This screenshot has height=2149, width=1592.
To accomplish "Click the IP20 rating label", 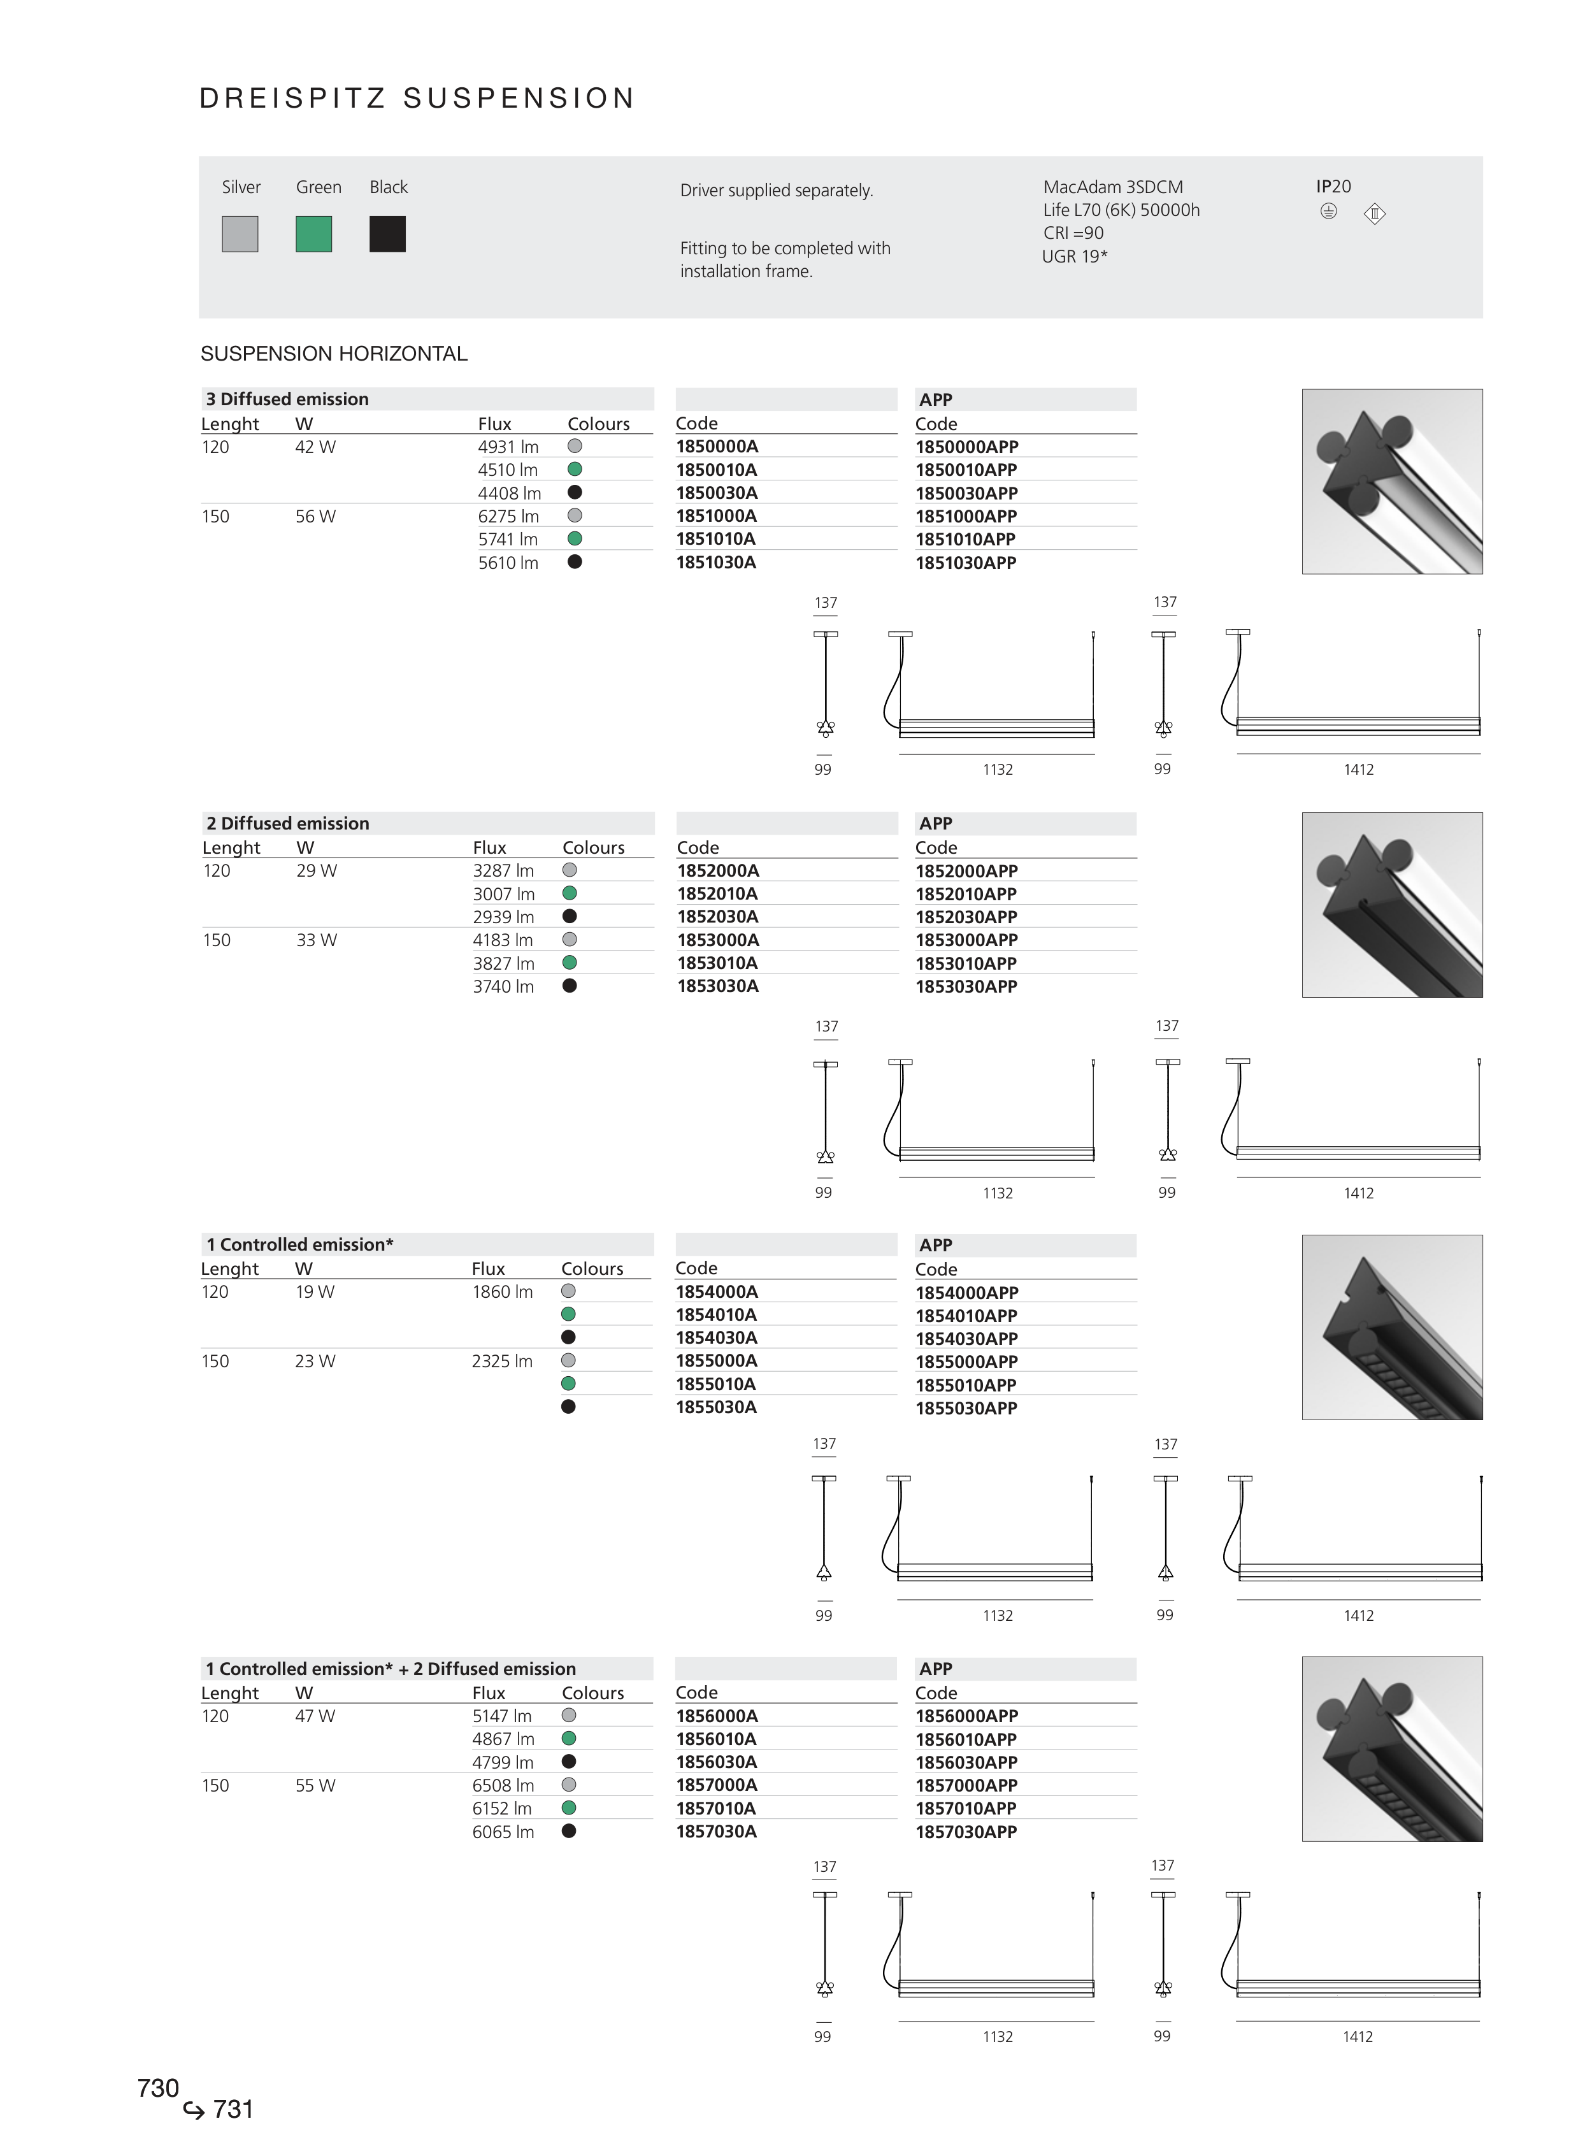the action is click(x=1334, y=187).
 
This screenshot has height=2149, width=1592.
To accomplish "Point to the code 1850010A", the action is click(x=716, y=470).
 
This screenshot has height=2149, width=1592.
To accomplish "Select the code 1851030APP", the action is click(x=966, y=563).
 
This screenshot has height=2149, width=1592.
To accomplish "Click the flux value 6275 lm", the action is click(x=508, y=517).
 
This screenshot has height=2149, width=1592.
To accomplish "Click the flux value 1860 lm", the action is click(x=502, y=1292).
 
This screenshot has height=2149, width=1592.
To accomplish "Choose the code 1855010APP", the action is click(x=966, y=1386).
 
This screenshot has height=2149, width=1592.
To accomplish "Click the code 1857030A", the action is click(x=716, y=1832).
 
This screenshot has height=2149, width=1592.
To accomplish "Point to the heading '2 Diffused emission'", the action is click(x=288, y=824).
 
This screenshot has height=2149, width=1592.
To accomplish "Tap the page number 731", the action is click(x=233, y=2109).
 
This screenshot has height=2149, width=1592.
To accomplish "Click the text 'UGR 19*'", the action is click(x=1075, y=256).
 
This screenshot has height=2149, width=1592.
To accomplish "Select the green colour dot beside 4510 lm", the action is click(x=575, y=470).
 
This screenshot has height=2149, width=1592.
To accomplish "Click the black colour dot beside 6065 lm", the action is click(x=568, y=1831).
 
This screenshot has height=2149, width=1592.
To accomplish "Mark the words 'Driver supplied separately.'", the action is click(x=777, y=190).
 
